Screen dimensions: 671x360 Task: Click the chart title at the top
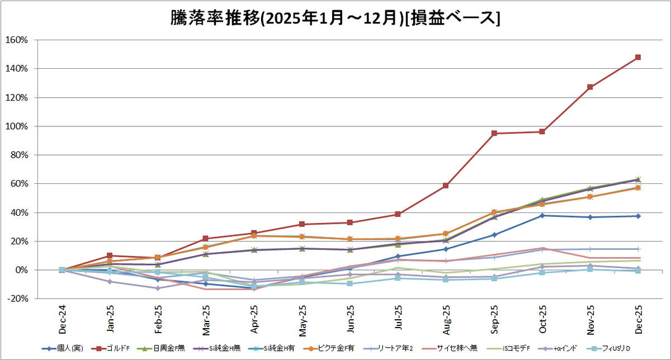click(x=335, y=18)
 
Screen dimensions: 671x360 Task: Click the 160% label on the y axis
click(x=17, y=40)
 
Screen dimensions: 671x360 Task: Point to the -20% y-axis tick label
click(x=17, y=299)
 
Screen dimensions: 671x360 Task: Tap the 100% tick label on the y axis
click(x=17, y=126)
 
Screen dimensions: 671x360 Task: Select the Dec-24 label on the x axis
click(x=62, y=320)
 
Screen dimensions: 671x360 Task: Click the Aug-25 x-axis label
click(x=446, y=320)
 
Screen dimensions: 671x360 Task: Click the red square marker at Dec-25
click(x=638, y=57)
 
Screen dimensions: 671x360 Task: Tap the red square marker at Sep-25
click(x=494, y=133)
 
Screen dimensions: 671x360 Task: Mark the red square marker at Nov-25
click(x=590, y=87)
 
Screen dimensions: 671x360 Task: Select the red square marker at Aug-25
click(x=446, y=186)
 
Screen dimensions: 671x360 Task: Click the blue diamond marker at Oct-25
click(x=542, y=216)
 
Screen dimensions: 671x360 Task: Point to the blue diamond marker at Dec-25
click(x=638, y=216)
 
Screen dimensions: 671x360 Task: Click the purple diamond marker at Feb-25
click(x=158, y=288)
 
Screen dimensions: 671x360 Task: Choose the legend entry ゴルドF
click(x=113, y=348)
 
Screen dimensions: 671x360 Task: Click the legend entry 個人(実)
click(x=62, y=348)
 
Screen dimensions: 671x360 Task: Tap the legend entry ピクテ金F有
click(x=329, y=348)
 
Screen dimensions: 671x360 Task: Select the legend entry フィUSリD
click(x=609, y=348)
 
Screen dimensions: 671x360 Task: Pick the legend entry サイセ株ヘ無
click(x=450, y=348)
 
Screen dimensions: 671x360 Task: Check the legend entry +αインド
click(x=557, y=348)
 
